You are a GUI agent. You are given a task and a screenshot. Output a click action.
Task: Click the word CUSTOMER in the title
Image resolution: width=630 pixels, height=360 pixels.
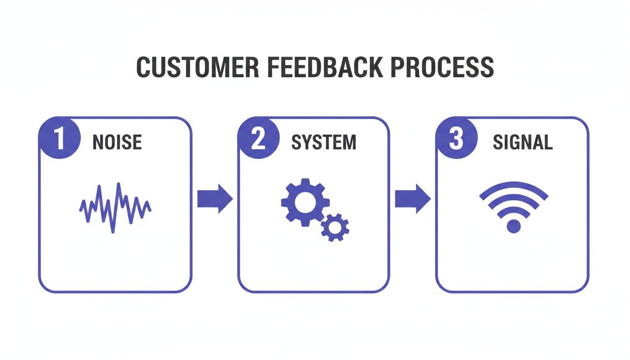click(197, 67)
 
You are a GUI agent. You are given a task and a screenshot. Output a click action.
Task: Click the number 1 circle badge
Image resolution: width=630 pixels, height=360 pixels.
click(59, 139)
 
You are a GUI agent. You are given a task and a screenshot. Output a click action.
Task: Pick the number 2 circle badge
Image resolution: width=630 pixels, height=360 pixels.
click(258, 139)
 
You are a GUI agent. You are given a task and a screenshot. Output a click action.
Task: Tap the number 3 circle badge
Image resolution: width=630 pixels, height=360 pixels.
click(456, 139)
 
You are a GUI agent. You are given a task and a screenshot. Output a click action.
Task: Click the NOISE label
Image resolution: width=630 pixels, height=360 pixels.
click(117, 142)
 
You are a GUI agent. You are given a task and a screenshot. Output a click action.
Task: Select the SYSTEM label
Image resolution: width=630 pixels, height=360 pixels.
click(323, 142)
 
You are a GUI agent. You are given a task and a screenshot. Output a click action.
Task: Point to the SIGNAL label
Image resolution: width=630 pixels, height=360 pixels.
click(523, 142)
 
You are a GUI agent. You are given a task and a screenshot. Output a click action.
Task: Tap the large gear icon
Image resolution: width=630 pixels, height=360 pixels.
click(306, 202)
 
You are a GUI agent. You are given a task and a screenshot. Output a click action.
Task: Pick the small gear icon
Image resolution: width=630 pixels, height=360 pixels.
click(335, 228)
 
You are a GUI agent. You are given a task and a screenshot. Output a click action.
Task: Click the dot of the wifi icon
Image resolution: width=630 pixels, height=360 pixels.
click(514, 226)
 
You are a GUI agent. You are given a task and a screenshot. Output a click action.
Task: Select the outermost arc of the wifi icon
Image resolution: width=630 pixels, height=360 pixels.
click(514, 187)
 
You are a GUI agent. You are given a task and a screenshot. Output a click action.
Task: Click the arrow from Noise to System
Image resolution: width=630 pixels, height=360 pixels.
click(215, 199)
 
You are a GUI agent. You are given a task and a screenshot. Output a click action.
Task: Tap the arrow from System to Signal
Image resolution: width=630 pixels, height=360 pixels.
click(413, 199)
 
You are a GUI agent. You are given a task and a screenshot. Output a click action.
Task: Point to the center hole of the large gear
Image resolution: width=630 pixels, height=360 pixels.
click(306, 202)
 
